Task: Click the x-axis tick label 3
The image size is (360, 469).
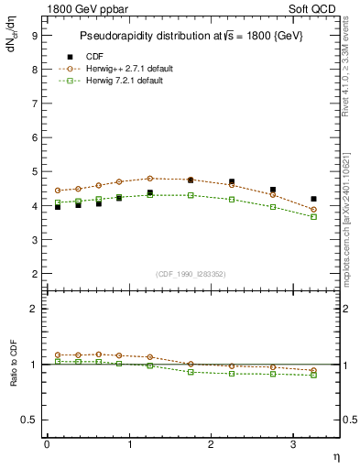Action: (x=292, y=444)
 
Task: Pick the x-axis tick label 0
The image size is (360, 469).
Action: (x=47, y=444)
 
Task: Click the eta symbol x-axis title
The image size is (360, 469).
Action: (x=335, y=457)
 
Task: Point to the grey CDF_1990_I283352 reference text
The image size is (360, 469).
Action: (x=191, y=273)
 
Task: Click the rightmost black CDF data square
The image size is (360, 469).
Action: (x=313, y=199)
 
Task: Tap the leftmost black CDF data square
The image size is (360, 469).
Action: (x=58, y=207)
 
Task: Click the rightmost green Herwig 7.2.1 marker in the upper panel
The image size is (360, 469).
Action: (x=313, y=216)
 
